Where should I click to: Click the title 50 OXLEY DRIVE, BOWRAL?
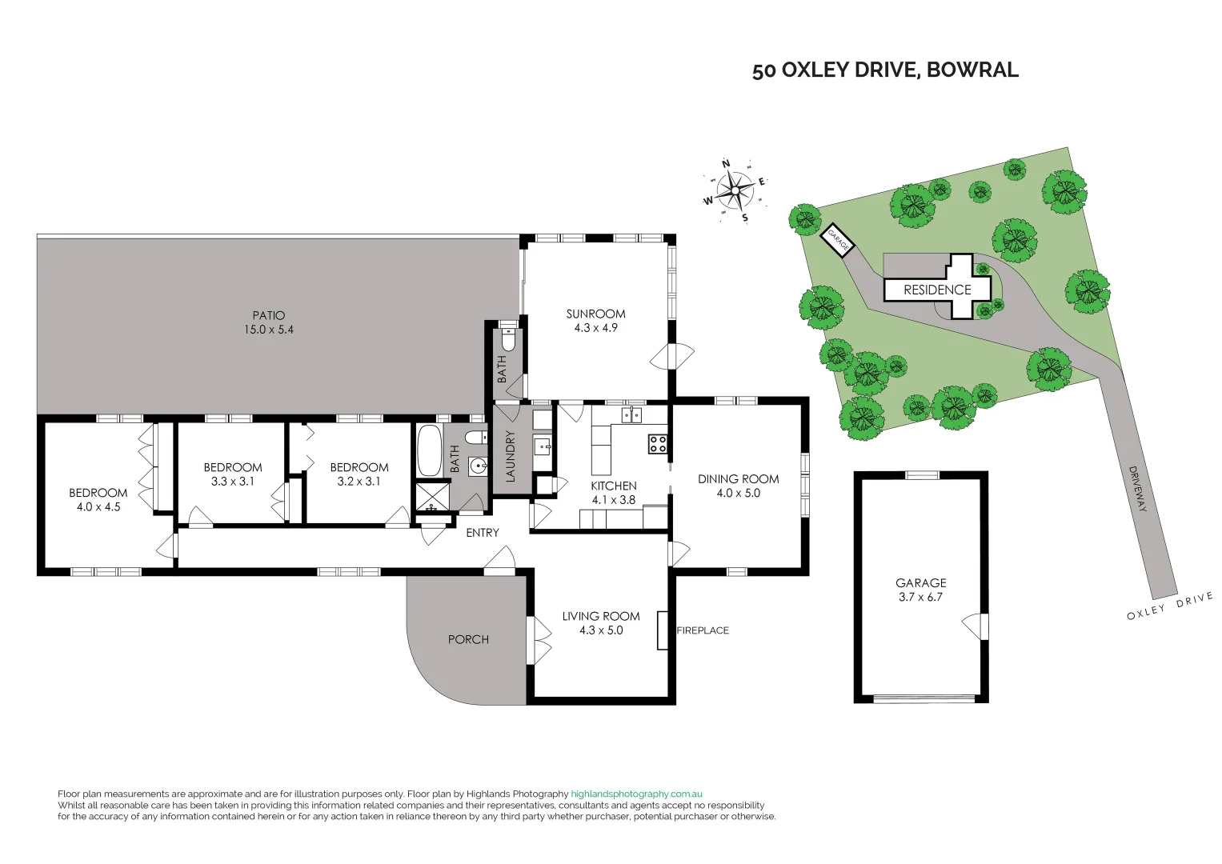tap(885, 70)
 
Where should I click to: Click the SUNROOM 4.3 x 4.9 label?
tap(595, 321)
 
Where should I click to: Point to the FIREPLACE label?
tap(703, 630)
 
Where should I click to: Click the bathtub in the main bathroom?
tap(428, 452)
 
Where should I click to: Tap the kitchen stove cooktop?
tap(658, 444)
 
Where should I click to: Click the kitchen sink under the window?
tap(632, 414)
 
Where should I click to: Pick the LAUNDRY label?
tap(511, 456)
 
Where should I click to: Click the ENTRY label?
tap(483, 533)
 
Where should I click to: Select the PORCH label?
tap(468, 639)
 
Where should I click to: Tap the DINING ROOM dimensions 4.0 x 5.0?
tap(738, 494)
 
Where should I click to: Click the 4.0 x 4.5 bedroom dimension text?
tap(98, 507)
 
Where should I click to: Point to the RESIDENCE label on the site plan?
tap(937, 290)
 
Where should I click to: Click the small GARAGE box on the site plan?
tap(838, 239)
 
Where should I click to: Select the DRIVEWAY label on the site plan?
tap(1138, 489)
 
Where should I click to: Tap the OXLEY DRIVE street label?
tap(1169, 606)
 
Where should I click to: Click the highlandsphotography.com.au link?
tap(636, 794)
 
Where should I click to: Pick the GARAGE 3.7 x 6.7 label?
tap(920, 590)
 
